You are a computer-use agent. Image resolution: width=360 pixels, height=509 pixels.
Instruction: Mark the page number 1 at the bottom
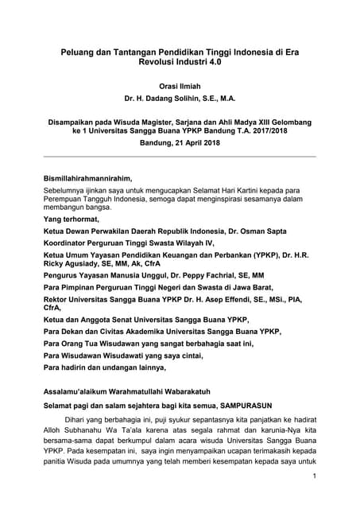(x=315, y=477)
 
